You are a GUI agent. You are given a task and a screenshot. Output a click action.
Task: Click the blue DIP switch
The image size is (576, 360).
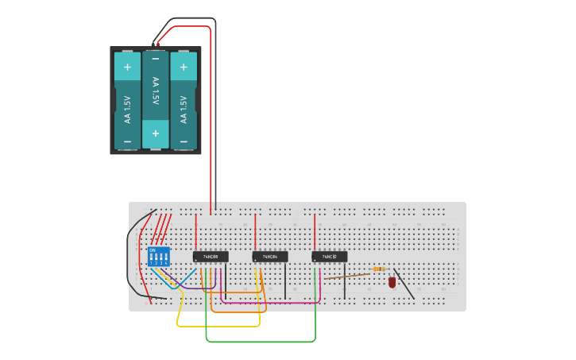(x=159, y=257)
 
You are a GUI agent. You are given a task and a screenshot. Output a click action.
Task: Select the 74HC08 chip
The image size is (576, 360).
(x=211, y=257)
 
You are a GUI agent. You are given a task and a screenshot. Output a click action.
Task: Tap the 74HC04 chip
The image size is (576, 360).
(x=270, y=257)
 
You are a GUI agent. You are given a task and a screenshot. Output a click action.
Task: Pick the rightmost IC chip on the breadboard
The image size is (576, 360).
(x=329, y=257)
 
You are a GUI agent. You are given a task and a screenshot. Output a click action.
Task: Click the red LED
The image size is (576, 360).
(x=392, y=282)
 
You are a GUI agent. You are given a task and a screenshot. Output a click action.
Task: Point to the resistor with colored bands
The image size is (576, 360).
(x=379, y=270)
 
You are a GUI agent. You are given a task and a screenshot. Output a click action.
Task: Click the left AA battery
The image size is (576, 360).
(x=127, y=100)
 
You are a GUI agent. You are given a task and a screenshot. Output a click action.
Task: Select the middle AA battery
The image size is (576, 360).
(x=156, y=100)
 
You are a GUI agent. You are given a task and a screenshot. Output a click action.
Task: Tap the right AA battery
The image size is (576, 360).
(x=184, y=100)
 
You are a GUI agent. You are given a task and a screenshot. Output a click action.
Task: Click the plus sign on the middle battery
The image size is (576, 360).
(x=156, y=134)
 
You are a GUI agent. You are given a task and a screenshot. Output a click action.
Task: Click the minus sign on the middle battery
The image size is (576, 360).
(x=156, y=59)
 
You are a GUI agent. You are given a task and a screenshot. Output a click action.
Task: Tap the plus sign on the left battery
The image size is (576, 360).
(x=127, y=67)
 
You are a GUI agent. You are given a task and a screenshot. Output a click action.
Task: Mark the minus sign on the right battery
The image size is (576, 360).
(x=184, y=141)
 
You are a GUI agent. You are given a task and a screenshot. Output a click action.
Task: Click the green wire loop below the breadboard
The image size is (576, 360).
(x=262, y=342)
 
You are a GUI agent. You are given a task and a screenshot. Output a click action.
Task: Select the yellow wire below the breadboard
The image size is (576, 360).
(x=218, y=326)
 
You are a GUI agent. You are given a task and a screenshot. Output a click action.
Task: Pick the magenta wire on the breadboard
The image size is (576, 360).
(x=270, y=303)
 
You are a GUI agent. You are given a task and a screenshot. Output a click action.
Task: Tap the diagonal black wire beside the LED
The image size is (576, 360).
(x=404, y=285)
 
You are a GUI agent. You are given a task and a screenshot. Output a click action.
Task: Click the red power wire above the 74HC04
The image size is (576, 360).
(x=255, y=230)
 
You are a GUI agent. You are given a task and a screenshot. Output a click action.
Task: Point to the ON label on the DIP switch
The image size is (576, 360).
(x=152, y=250)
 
